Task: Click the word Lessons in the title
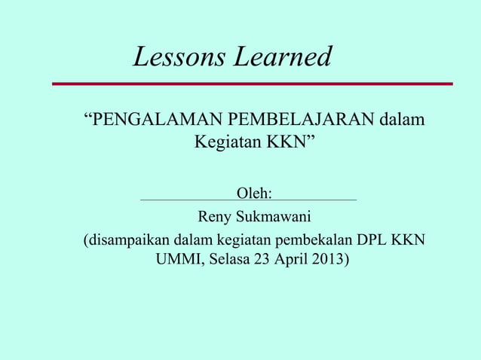tap(179, 56)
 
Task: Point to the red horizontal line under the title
tap(252, 84)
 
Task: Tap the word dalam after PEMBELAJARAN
tap(400, 120)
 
